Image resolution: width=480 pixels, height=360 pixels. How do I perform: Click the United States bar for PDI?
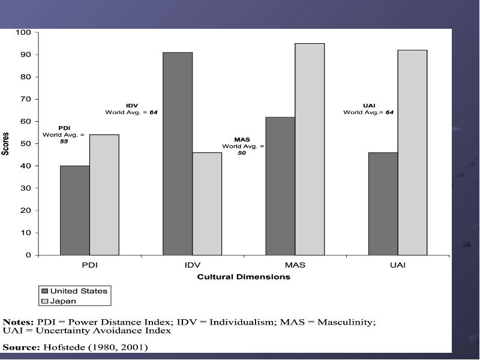click(x=75, y=211)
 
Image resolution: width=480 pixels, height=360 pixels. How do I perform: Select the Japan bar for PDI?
click(x=104, y=194)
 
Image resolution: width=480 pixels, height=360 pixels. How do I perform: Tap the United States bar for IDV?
click(x=178, y=154)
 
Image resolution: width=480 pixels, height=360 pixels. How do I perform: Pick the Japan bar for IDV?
click(x=207, y=204)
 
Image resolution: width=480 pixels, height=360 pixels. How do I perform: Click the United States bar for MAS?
click(x=280, y=186)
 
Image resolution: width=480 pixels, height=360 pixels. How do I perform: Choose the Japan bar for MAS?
click(x=310, y=149)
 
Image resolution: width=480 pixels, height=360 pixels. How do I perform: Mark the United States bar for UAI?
click(x=383, y=204)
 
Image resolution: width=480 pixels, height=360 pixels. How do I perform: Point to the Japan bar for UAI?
click(x=413, y=152)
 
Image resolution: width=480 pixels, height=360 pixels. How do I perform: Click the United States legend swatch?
click(x=44, y=291)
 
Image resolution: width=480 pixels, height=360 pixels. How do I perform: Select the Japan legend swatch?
click(x=44, y=301)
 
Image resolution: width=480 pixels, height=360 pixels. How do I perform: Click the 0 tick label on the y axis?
click(x=28, y=255)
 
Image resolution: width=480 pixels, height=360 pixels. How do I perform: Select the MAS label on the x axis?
click(x=295, y=265)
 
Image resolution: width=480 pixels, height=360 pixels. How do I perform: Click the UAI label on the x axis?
click(x=398, y=265)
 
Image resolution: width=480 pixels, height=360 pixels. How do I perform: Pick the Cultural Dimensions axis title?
click(x=244, y=277)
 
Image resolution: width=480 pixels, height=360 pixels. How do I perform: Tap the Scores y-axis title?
click(x=5, y=144)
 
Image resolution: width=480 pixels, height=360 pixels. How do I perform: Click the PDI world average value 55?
click(x=64, y=142)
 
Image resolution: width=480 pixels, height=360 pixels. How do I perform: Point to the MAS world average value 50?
click(x=242, y=153)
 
